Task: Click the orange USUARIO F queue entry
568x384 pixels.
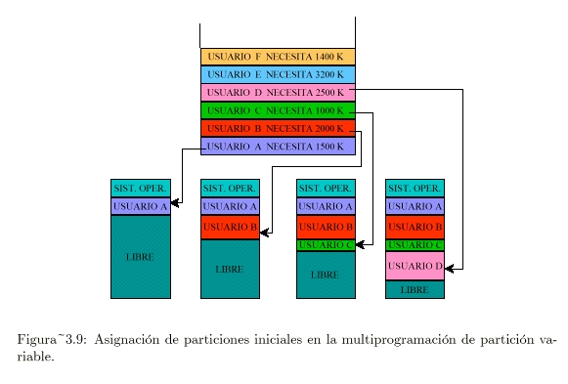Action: point(277,57)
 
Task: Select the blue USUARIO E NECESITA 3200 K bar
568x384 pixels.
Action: point(277,74)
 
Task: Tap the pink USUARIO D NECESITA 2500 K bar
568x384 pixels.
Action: point(277,93)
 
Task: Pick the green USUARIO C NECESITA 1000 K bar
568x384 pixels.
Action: point(277,110)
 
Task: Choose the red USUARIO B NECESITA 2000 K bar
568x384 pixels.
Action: point(277,128)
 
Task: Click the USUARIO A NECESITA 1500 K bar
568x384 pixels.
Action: point(277,147)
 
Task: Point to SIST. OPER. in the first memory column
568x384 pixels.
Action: point(140,188)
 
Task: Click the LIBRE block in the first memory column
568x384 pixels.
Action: point(140,256)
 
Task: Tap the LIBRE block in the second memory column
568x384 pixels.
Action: point(230,269)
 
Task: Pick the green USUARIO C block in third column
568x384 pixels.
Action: point(326,244)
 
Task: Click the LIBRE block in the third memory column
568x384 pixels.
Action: point(326,275)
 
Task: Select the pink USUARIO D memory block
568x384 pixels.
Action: point(415,266)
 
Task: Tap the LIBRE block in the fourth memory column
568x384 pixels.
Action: point(415,290)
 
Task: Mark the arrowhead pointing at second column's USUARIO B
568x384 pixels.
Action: point(264,233)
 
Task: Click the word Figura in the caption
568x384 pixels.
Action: point(34,340)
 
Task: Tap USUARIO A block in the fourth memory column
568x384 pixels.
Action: point(415,206)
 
